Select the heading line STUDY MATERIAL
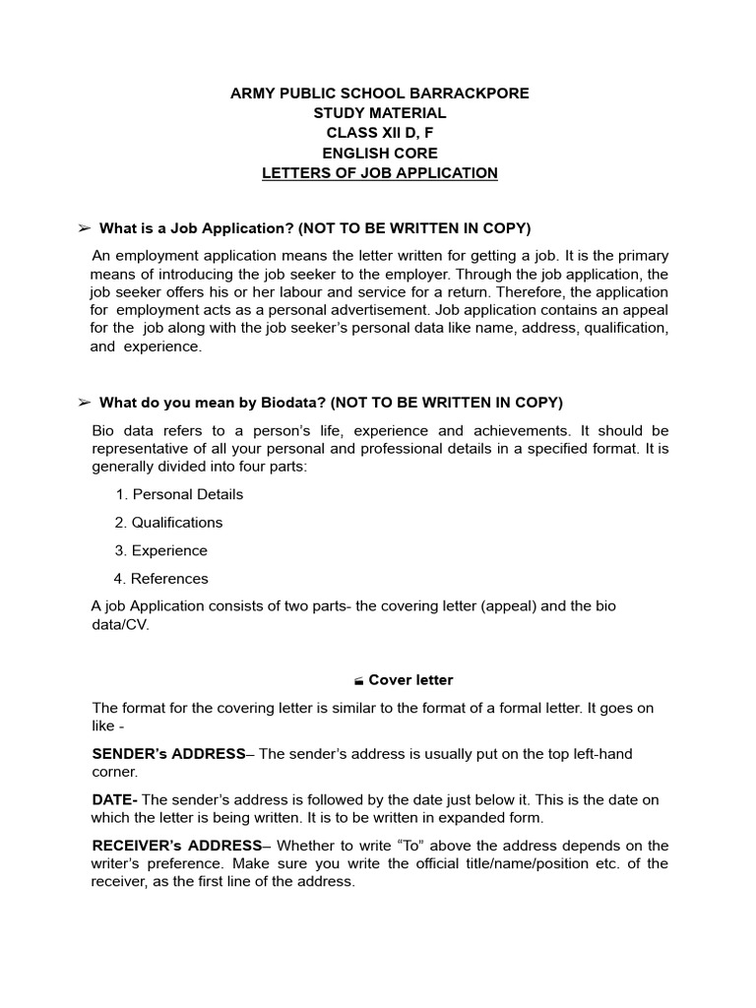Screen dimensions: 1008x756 point(379,113)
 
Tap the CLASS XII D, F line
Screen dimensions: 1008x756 point(379,133)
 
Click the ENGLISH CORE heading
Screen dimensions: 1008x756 point(379,154)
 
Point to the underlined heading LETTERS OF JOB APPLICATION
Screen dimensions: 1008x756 point(379,173)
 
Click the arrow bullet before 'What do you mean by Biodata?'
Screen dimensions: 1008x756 point(84,403)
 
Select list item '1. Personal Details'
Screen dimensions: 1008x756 point(179,494)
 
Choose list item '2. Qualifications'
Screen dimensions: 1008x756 point(168,523)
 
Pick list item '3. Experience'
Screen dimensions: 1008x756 point(160,550)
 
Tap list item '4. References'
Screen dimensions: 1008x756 point(161,579)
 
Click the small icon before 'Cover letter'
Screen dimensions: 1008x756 point(359,681)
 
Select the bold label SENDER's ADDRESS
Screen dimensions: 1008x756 point(167,754)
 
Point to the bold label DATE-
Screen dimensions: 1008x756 point(114,799)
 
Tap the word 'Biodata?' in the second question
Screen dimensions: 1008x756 point(293,403)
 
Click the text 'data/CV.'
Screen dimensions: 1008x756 point(120,625)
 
